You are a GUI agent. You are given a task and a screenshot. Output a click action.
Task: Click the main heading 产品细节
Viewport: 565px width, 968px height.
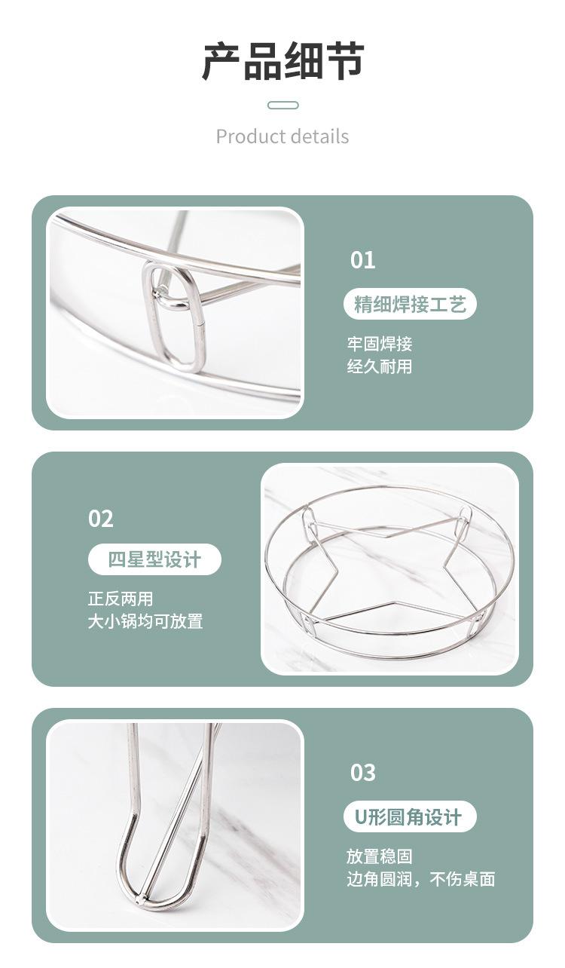(282, 62)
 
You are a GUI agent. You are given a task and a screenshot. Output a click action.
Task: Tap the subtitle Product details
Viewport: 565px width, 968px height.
(282, 136)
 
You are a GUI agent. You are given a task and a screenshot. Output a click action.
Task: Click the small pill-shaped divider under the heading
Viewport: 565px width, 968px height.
(282, 106)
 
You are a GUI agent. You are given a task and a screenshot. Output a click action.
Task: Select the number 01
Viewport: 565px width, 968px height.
(362, 260)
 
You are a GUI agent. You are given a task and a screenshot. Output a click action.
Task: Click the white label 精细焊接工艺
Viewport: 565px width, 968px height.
(411, 305)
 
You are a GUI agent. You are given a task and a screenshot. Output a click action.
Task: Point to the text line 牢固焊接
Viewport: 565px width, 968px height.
(380, 345)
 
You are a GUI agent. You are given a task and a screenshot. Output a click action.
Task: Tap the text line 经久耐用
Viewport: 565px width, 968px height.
(380, 367)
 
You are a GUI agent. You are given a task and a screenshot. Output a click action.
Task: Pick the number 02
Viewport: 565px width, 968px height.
(101, 519)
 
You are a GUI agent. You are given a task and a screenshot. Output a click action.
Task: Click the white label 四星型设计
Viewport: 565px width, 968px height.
(154, 560)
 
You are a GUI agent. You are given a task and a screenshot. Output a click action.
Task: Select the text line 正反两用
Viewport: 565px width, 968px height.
(121, 599)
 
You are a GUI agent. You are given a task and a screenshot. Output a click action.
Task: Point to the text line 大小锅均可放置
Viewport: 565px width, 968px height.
(145, 621)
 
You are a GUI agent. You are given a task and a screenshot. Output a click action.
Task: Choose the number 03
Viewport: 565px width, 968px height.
(362, 773)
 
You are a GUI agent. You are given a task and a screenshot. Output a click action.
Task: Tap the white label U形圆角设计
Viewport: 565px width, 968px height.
(408, 817)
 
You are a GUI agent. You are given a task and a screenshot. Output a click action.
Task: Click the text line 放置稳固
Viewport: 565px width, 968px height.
(380, 856)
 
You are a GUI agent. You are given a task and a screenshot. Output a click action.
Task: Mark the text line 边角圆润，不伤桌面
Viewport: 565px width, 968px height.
(420, 879)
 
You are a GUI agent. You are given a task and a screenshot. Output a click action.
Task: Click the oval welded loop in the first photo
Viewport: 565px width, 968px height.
(175, 317)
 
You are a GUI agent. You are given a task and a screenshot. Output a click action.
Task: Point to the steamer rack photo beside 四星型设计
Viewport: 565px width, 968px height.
(389, 569)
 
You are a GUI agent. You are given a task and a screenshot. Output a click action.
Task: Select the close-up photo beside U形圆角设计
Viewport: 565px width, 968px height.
(175, 826)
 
